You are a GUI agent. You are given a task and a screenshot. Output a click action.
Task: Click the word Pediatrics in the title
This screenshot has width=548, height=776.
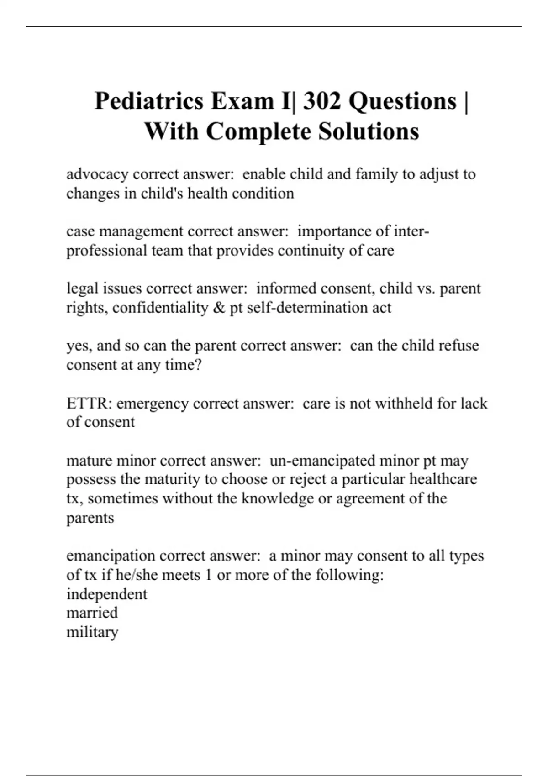click(x=148, y=101)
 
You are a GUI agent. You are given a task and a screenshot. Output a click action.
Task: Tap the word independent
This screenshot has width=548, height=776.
click(x=107, y=594)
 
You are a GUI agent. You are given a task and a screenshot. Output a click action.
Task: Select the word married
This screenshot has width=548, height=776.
click(x=92, y=613)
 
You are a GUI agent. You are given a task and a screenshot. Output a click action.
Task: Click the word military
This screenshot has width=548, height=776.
click(x=92, y=632)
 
